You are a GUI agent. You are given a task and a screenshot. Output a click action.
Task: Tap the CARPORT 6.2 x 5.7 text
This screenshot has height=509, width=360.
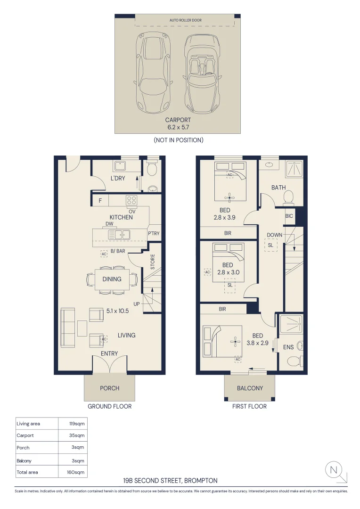point(178,123)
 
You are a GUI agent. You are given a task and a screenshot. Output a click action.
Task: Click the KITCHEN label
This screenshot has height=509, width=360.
point(121,217)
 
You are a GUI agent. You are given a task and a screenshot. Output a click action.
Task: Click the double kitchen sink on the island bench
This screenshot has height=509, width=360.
point(119,234)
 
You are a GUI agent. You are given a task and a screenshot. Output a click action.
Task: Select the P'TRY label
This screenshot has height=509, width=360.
point(154,234)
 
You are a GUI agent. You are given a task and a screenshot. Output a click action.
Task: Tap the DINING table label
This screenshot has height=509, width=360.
point(112,279)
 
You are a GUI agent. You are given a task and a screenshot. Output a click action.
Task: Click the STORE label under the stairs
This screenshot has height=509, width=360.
point(153,262)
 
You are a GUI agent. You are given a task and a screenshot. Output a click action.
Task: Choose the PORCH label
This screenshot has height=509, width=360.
point(109,388)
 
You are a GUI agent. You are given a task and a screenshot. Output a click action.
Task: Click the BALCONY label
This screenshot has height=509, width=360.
point(250,388)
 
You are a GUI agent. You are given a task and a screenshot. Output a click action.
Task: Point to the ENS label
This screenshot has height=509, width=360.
point(288,347)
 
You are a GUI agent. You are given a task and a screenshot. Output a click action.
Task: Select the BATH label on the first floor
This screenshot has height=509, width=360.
point(278,188)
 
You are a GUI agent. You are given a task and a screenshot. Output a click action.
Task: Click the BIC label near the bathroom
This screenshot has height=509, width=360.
point(289,216)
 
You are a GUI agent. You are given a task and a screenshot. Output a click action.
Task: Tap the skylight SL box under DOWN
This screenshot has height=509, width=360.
point(270,246)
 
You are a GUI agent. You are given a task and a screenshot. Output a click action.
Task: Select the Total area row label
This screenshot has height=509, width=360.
point(27,472)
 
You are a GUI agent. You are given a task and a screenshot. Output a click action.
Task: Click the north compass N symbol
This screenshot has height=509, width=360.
point(334,469)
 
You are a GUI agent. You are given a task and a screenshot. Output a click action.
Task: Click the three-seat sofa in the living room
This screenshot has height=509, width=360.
point(67,328)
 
